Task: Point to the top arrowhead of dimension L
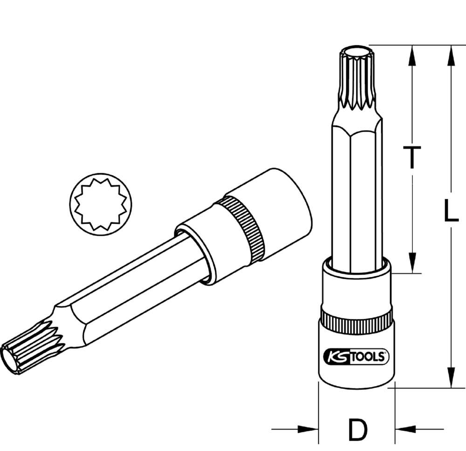451,54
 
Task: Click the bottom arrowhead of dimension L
451,378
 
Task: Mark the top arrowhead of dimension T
411,54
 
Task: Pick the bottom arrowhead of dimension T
411,264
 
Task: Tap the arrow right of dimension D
405,429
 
